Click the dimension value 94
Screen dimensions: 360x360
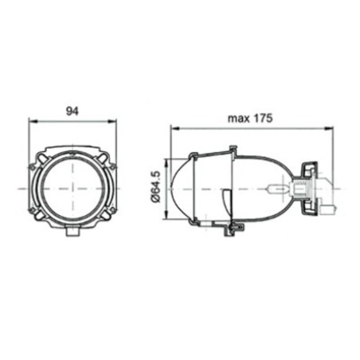pyautogui.click(x=72, y=112)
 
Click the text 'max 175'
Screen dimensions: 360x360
pyautogui.click(x=249, y=118)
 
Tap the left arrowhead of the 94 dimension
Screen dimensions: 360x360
pyautogui.click(x=32, y=121)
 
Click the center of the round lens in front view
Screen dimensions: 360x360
pyautogui.click(x=72, y=189)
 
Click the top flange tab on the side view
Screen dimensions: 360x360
pyautogui.click(x=233, y=151)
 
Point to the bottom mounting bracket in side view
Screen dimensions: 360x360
pyautogui.click(x=231, y=229)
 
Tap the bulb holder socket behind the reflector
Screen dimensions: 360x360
pyautogui.click(x=303, y=189)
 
